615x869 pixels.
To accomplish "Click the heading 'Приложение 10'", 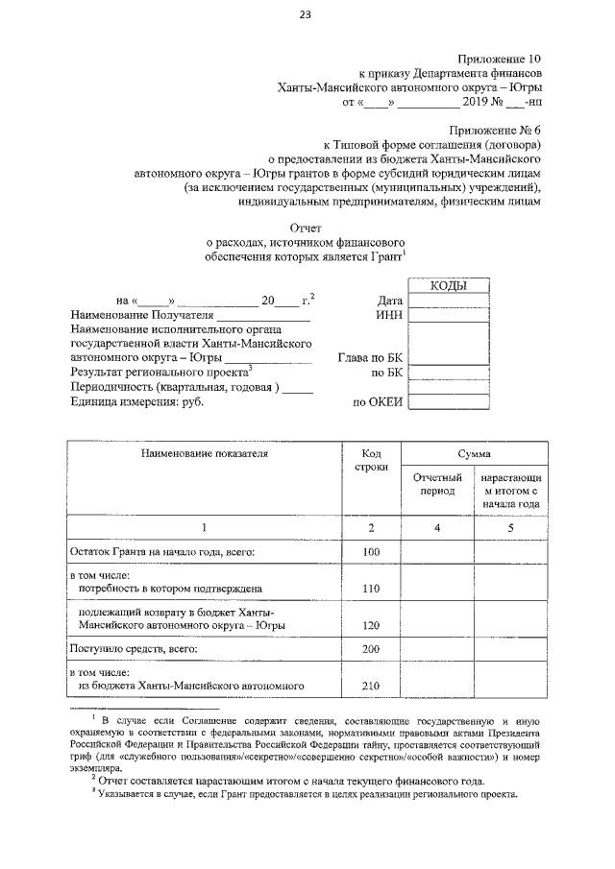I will pyautogui.click(x=501, y=57).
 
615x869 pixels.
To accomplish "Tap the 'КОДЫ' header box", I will pyautogui.click(x=449, y=285).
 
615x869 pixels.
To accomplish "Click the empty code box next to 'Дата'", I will pyautogui.click(x=449, y=301).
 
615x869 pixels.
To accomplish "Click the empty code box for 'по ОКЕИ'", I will pyautogui.click(x=449, y=402).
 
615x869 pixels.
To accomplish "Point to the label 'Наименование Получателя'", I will pyautogui.click(x=140, y=315).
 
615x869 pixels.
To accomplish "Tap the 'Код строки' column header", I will pyautogui.click(x=371, y=459).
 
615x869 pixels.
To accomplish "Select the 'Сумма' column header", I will pyautogui.click(x=474, y=451).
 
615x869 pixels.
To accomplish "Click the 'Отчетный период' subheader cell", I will pyautogui.click(x=437, y=483).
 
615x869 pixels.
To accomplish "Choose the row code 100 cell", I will pyautogui.click(x=371, y=552).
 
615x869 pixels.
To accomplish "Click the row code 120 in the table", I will pyautogui.click(x=371, y=624).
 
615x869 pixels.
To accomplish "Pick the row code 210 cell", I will pyautogui.click(x=371, y=686).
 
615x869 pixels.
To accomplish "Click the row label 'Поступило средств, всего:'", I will pyautogui.click(x=134, y=649).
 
